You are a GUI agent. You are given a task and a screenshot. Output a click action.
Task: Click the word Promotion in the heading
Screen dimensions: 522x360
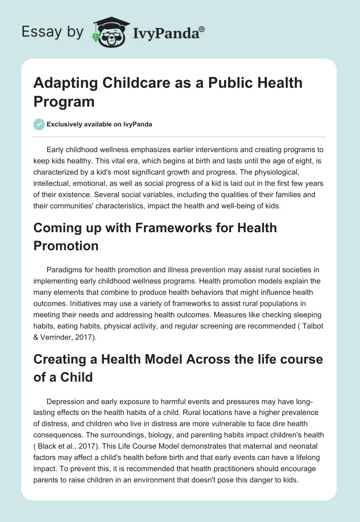click(66, 246)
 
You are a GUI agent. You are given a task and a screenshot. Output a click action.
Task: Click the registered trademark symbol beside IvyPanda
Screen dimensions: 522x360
click(202, 29)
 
